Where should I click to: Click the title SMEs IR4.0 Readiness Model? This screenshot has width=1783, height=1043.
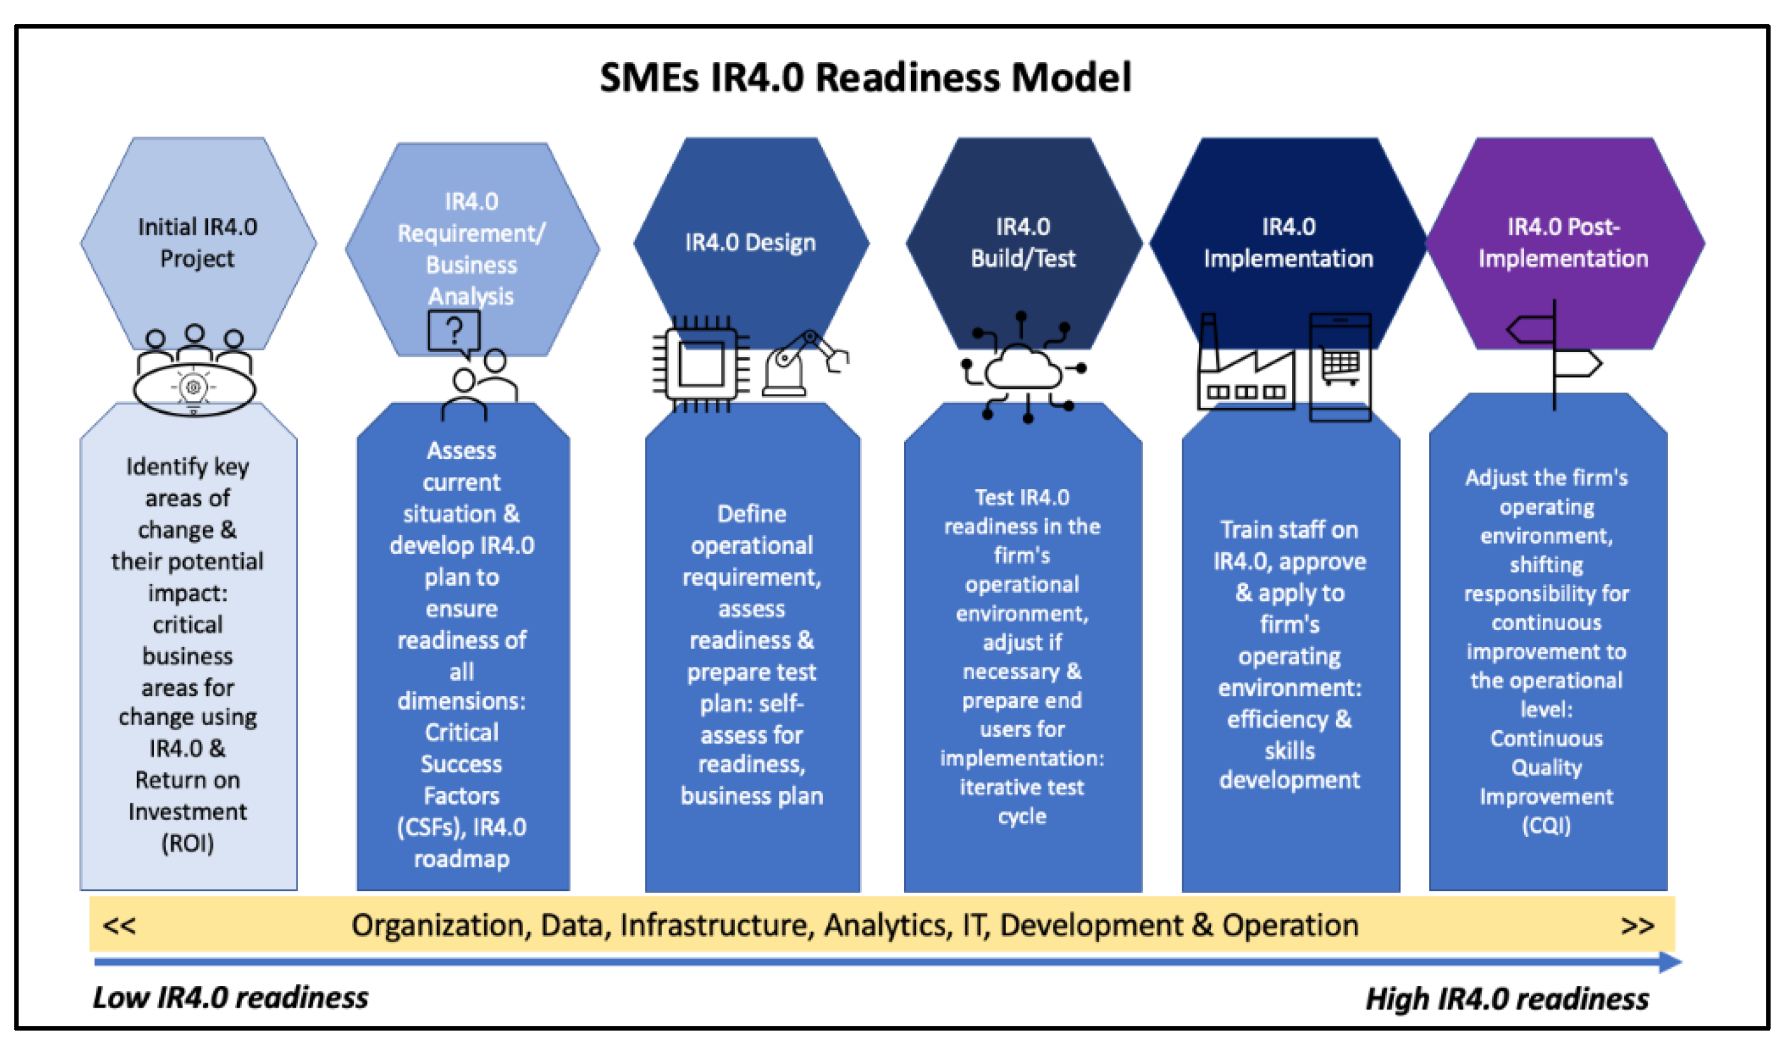(x=865, y=78)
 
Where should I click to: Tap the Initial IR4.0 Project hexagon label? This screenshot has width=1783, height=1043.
(x=197, y=242)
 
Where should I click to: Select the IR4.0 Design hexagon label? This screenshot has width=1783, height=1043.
(x=750, y=243)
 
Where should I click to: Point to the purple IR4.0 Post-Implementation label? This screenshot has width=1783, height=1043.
(x=1563, y=242)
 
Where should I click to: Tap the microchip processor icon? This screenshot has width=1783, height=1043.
(x=701, y=364)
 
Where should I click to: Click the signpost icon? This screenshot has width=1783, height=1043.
(x=1554, y=354)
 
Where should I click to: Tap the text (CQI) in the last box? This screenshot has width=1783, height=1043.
(x=1546, y=826)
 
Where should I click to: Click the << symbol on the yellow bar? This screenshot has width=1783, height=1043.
(x=119, y=926)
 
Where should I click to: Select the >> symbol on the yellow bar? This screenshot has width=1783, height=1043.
(x=1637, y=926)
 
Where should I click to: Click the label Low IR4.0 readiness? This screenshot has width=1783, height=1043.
(x=231, y=998)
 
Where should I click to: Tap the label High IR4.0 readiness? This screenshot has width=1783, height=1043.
(x=1506, y=999)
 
